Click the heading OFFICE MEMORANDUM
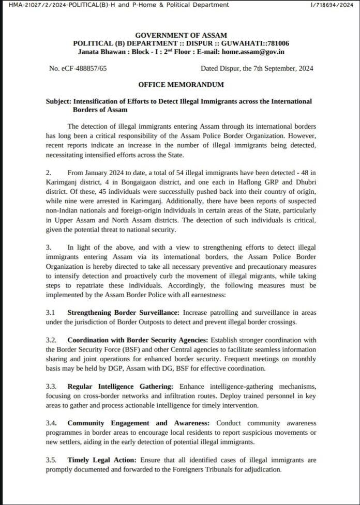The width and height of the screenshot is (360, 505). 181,84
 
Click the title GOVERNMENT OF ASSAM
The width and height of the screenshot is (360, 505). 181,35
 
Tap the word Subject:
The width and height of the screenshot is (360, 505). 58,101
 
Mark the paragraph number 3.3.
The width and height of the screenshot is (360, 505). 52,387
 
